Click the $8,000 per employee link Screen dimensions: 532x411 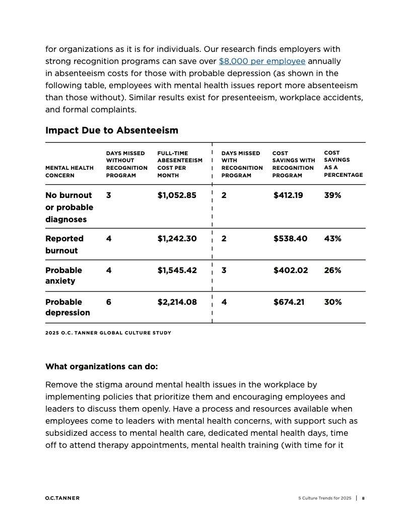[x=262, y=61]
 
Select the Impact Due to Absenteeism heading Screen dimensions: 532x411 [x=112, y=130]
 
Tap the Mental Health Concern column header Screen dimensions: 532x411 [x=70, y=171]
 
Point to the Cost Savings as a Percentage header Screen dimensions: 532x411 [x=343, y=164]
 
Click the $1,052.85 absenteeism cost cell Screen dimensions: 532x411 [x=177, y=195]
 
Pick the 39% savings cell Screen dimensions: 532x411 [x=332, y=195]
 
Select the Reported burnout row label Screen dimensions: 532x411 [x=64, y=244]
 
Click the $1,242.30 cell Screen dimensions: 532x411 [x=177, y=238]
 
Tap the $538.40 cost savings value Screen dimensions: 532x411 [x=290, y=238]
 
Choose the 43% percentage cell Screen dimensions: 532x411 [x=332, y=238]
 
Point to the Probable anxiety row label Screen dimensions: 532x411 [x=63, y=275]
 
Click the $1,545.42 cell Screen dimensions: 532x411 [x=177, y=270]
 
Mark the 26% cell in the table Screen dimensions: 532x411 [x=332, y=270]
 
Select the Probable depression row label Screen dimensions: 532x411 [x=67, y=307]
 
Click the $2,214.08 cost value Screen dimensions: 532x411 [x=177, y=302]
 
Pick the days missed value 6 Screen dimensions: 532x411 [x=109, y=302]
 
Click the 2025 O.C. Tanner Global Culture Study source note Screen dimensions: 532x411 [x=108, y=332]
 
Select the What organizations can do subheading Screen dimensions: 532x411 [x=102, y=366]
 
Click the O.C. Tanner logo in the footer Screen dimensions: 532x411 [x=62, y=498]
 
